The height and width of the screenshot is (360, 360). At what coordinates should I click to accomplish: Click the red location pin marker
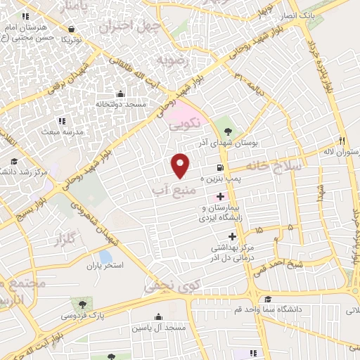click(x=181, y=165)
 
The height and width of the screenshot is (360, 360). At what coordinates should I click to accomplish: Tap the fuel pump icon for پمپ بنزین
click(x=221, y=168)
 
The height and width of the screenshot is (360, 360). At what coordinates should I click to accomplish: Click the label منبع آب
click(x=169, y=189)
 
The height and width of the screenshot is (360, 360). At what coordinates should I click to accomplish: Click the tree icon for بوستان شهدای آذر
click(x=227, y=131)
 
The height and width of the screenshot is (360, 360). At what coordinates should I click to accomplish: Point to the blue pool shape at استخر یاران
click(x=105, y=257)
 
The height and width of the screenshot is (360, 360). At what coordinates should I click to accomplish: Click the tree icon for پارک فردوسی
click(x=84, y=304)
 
